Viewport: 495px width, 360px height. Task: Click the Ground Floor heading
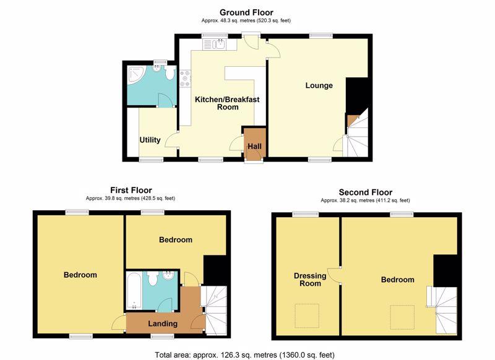tap(246, 12)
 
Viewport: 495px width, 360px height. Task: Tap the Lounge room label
tap(319, 85)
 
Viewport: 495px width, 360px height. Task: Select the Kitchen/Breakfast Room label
tap(227, 103)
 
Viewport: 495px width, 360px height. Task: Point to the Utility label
tap(150, 140)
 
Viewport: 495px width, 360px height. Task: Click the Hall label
tap(254, 147)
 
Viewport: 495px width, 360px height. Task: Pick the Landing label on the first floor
tap(163, 324)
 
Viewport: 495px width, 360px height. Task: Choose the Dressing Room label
tap(310, 280)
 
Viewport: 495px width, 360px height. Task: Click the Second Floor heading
tap(366, 192)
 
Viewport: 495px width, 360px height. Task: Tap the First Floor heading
tap(131, 191)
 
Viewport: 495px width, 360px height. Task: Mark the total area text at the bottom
tap(244, 354)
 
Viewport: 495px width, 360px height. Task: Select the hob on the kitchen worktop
tap(185, 79)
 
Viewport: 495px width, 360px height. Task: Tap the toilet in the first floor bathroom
tap(153, 278)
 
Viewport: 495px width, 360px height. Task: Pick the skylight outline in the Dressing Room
tap(307, 316)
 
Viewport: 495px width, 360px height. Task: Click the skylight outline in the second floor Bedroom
tap(403, 317)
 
